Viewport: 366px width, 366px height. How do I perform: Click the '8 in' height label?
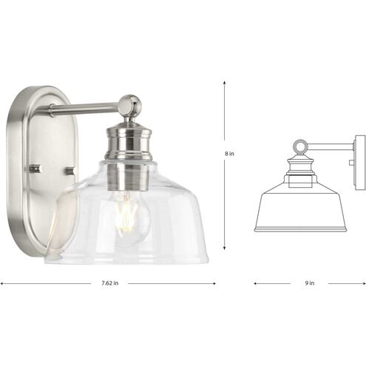pyautogui.click(x=231, y=154)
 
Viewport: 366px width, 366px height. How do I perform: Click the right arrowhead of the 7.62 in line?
pyautogui.click(x=213, y=282)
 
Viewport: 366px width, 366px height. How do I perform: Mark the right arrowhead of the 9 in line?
pyautogui.click(x=364, y=282)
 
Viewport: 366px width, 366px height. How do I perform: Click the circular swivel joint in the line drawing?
pyautogui.click(x=302, y=145)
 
